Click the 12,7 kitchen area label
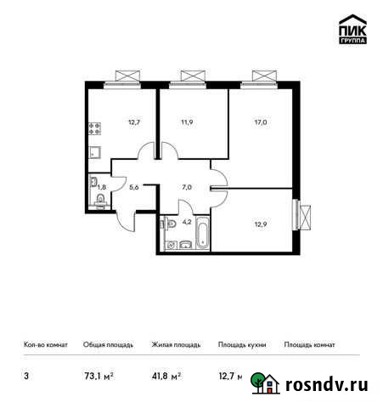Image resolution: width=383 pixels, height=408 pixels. click(x=132, y=122)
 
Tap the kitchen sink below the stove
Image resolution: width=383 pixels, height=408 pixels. click(x=95, y=155)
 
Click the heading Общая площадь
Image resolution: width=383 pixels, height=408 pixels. click(x=106, y=345)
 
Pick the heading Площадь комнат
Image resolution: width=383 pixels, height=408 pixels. click(x=310, y=345)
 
